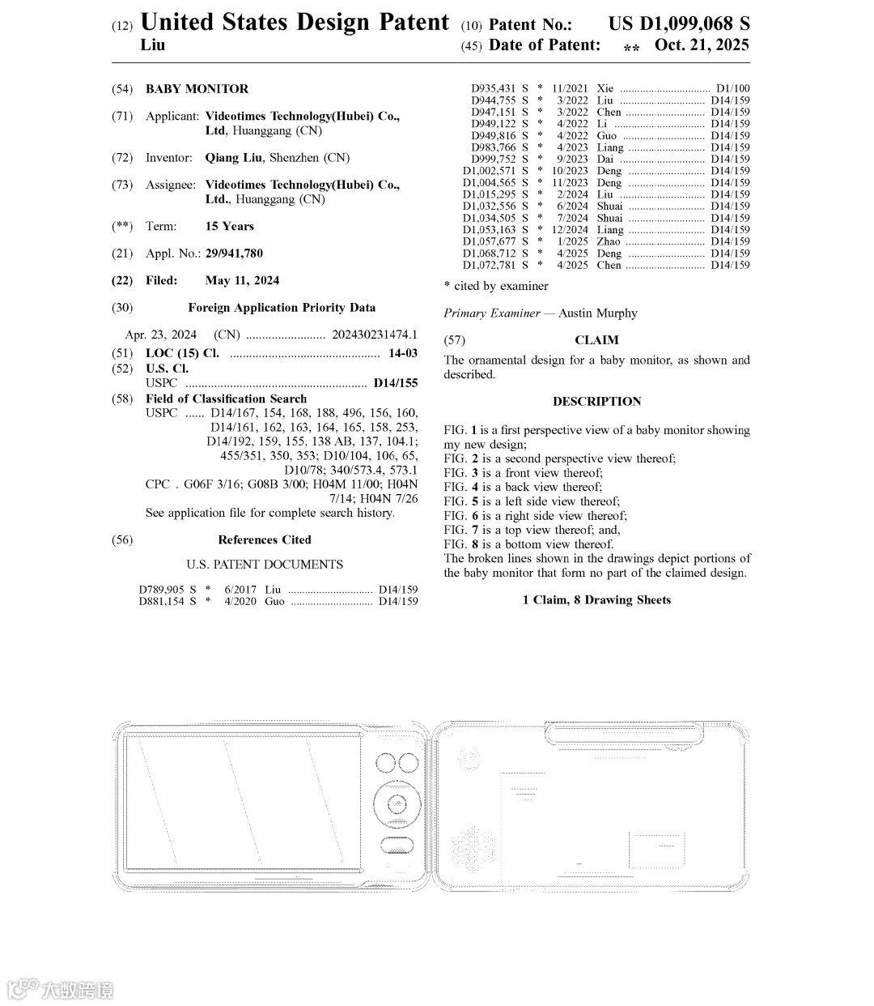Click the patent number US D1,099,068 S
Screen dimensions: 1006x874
[679, 23]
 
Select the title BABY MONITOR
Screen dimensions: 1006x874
[197, 89]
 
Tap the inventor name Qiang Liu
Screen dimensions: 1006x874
[233, 158]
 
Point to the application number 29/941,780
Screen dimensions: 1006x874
[234, 254]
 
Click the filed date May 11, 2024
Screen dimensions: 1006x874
[242, 281]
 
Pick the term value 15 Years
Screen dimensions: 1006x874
[229, 227]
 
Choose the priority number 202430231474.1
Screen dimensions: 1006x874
[375, 335]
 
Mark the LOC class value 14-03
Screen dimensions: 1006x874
[403, 353]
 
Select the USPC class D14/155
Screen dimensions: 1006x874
[396, 383]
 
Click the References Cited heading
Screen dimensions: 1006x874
[264, 540]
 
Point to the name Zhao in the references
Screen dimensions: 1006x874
[609, 241]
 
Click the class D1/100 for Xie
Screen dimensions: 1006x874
[732, 88]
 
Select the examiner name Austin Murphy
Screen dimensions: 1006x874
[597, 313]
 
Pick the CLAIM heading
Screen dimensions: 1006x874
[596, 340]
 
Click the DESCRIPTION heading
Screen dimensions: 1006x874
[596, 402]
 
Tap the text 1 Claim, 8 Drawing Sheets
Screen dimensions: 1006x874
[596, 600]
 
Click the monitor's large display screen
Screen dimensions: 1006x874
[243, 799]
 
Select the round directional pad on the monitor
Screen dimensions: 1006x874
[397, 804]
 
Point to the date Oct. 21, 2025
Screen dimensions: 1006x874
[702, 45]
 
